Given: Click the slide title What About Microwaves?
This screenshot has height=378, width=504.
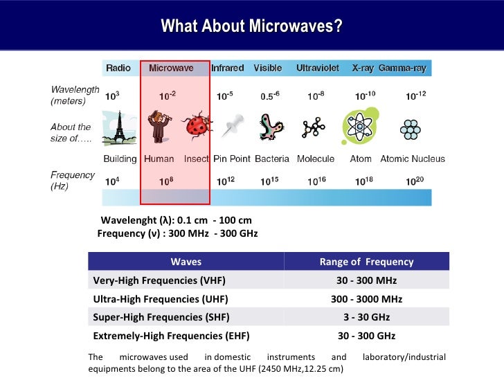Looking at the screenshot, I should [x=251, y=27].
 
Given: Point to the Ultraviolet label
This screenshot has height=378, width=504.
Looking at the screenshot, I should [x=317, y=68].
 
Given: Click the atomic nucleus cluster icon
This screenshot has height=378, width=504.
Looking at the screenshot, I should [x=413, y=128].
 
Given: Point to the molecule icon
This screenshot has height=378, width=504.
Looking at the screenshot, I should [x=314, y=127].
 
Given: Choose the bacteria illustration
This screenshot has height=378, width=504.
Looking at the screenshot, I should [x=271, y=128].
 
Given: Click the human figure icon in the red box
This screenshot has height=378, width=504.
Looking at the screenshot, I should [x=159, y=127].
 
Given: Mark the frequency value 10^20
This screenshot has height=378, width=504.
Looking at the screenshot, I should [x=413, y=181].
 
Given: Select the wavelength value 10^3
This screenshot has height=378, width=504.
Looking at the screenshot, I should [x=111, y=96].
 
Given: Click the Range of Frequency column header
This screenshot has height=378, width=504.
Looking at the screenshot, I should [x=366, y=262].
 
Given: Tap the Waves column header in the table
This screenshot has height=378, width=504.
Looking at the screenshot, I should [x=186, y=262].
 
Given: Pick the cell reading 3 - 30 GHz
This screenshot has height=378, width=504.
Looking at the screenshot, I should [x=366, y=317].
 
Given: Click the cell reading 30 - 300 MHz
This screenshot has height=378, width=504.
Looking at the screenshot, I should [x=366, y=280].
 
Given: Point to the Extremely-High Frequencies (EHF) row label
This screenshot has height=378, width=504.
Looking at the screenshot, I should [x=171, y=336].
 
